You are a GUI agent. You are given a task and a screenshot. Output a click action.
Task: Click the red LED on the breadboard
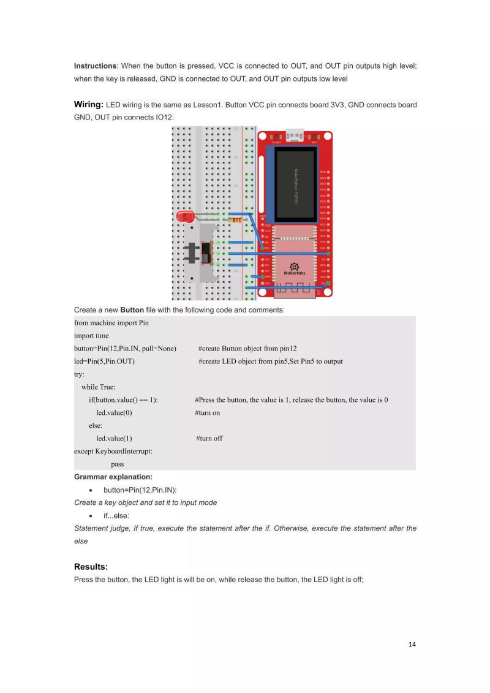coord(184,216)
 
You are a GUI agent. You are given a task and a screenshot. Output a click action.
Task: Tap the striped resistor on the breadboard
coord(235,219)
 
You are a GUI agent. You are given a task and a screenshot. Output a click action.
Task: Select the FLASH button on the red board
coord(276,137)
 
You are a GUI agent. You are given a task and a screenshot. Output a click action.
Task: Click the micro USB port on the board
coord(295,135)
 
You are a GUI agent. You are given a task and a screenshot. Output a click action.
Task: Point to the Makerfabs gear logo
coord(294,267)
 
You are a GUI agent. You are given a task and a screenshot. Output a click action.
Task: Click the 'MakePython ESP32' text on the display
coord(295,187)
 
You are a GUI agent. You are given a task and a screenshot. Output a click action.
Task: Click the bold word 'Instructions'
coord(95,66)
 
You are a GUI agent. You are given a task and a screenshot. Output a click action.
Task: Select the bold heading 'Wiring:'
coord(88,105)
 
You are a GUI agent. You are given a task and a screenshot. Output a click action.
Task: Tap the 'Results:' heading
coord(91,566)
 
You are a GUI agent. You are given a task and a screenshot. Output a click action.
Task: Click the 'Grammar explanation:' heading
coord(113,477)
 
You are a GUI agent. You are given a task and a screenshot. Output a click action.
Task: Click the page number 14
coord(412,644)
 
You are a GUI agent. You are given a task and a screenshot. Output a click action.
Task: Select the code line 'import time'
coord(91,336)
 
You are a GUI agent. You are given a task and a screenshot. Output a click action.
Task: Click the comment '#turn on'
coord(208,413)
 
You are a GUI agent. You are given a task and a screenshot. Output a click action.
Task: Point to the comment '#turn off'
coord(209,439)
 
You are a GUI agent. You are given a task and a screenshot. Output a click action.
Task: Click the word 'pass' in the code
coord(117,464)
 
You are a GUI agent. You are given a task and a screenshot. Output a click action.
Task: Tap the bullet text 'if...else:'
coord(116,516)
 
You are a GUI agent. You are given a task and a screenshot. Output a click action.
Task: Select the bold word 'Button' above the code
coord(132,310)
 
